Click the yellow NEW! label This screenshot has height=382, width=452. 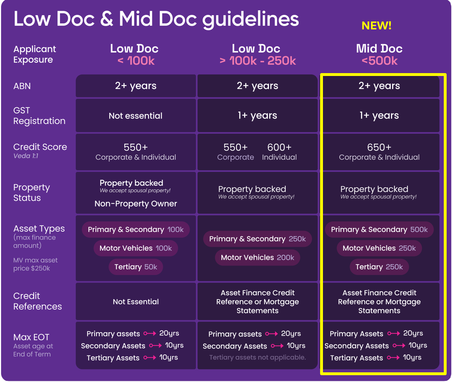click(376, 25)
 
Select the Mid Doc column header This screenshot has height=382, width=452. click(379, 49)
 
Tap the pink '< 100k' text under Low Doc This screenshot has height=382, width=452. click(136, 61)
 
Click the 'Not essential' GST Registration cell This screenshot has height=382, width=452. click(135, 116)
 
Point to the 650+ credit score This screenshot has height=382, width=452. click(379, 147)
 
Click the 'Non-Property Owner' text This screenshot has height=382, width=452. click(135, 204)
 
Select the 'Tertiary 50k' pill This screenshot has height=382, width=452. click(135, 267)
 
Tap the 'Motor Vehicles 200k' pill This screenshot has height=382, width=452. click(257, 258)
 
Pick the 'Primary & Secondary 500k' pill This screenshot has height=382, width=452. click(379, 230)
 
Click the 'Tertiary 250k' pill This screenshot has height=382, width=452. click(379, 267)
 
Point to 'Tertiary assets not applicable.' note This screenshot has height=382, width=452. click(257, 357)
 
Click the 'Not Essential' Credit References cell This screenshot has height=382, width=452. click(135, 302)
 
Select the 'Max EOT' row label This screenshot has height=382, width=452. click(31, 337)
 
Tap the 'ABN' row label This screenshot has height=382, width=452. click(22, 86)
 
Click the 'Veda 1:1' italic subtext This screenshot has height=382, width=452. click(26, 156)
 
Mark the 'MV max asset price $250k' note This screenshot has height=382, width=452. click(35, 264)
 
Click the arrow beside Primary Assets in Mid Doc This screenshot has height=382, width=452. click(393, 334)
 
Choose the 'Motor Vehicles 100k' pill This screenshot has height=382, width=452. click(135, 248)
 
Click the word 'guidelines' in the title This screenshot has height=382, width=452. click(251, 19)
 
